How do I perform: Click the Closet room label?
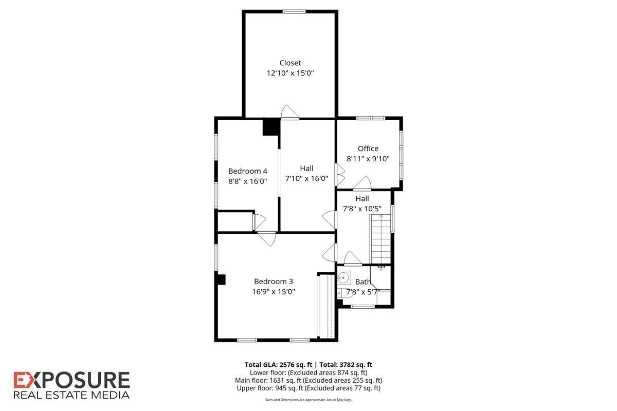(x=290, y=63)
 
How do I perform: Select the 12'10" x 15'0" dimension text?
(x=290, y=73)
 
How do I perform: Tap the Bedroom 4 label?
(x=247, y=171)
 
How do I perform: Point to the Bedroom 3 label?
(x=273, y=282)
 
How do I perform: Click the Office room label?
(x=368, y=148)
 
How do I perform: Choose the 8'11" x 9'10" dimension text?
(x=368, y=159)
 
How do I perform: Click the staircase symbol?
(x=380, y=239)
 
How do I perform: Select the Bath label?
(x=363, y=282)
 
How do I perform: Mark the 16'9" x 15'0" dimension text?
(x=273, y=292)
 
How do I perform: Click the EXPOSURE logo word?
(x=71, y=381)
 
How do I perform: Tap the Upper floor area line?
(x=308, y=388)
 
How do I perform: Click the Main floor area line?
(x=308, y=381)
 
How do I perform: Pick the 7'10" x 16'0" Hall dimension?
(x=306, y=179)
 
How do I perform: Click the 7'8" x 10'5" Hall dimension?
(x=362, y=209)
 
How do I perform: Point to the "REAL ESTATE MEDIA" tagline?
(x=71, y=395)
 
